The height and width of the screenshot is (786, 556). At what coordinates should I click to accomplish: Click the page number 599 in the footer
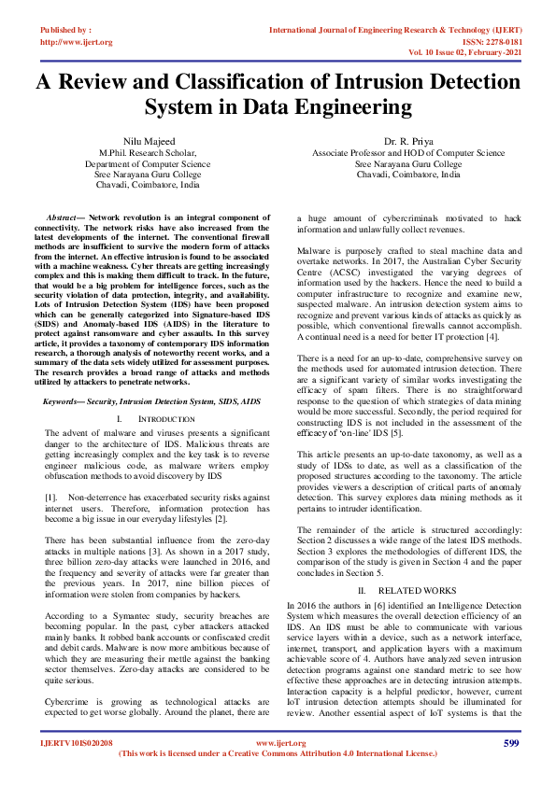click(x=510, y=743)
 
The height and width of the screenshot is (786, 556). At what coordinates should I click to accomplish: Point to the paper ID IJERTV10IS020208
click(x=77, y=743)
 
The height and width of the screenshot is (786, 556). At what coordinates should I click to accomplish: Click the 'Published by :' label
click(x=66, y=31)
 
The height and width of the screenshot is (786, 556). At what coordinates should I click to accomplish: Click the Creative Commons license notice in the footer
click(x=278, y=753)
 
